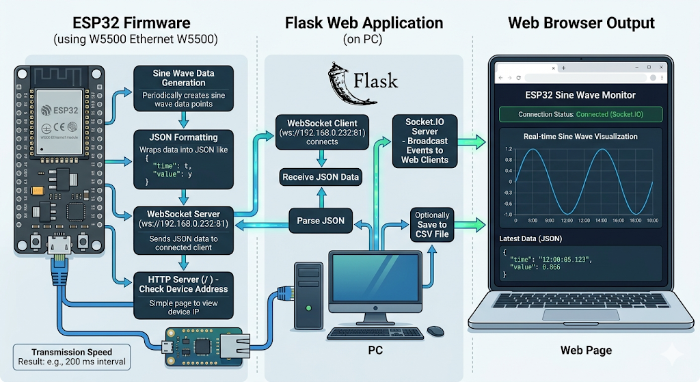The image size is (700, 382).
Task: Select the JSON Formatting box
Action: click(183, 158)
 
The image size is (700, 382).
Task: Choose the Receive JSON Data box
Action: click(321, 178)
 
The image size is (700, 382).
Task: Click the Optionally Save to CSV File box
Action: click(431, 224)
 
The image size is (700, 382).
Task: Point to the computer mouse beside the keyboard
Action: click(435, 331)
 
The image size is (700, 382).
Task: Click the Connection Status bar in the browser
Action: click(580, 114)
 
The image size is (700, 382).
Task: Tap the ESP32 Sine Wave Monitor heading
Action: click(580, 95)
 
